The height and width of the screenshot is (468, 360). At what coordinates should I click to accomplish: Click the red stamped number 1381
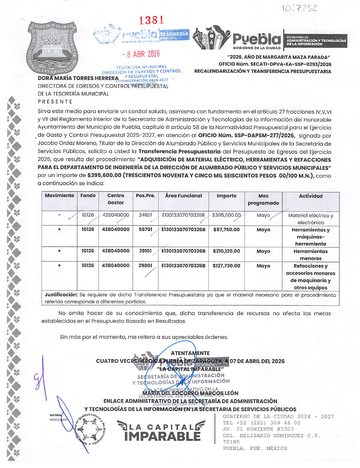[x=152, y=20]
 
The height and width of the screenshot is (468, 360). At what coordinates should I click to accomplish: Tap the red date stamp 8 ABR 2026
[x=141, y=54]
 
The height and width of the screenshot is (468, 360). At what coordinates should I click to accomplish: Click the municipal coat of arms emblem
[x=52, y=47]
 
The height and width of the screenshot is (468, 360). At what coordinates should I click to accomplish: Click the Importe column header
[x=226, y=196]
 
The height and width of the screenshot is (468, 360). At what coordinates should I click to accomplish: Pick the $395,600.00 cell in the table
[x=226, y=215]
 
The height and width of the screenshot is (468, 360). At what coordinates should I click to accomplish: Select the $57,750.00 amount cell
[x=226, y=229]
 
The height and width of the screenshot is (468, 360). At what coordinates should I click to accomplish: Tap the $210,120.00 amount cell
[x=226, y=251]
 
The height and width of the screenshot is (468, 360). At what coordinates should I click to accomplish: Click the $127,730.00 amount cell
[x=226, y=266]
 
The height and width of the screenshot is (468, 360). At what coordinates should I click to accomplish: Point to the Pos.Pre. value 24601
[x=145, y=215]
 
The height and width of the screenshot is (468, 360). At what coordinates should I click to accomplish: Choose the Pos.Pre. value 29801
[x=145, y=266]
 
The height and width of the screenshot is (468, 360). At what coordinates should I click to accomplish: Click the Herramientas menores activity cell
[x=310, y=255]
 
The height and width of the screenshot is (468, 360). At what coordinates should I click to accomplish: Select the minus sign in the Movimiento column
[x=59, y=215]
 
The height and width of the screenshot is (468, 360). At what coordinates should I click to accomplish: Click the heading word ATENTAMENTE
[x=190, y=353]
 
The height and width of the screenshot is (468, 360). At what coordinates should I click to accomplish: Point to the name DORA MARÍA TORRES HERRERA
[x=78, y=78]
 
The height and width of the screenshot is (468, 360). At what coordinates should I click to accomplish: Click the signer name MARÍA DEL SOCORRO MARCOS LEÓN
[x=190, y=393]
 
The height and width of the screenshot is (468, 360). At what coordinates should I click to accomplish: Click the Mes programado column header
[x=263, y=199]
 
